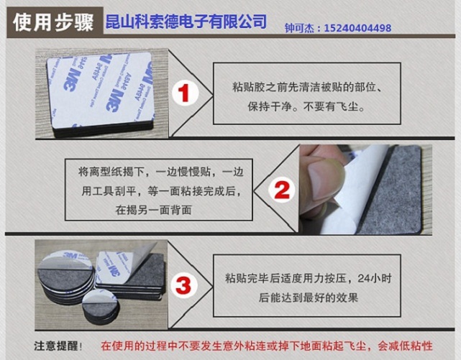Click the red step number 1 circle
(185, 93)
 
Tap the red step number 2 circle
(281, 190)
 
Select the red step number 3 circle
(183, 285)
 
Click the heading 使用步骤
(53, 22)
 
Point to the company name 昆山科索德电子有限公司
(186, 22)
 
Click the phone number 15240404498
(357, 28)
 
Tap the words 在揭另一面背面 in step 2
(153, 210)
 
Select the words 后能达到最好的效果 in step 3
(309, 297)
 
